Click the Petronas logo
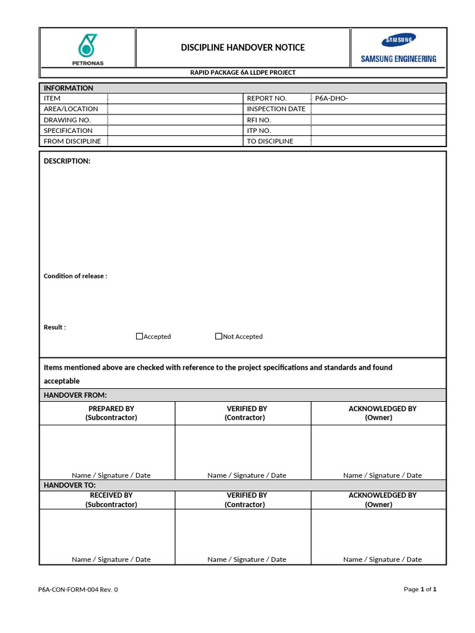point(87,48)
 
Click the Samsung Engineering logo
point(398,48)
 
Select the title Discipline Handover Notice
point(242,48)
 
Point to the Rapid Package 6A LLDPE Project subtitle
point(242,73)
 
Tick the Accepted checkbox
point(140,336)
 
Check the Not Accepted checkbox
point(219,336)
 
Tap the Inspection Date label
point(276,109)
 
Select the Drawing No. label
point(67,120)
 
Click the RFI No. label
point(259,120)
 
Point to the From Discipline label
point(72,142)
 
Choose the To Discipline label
point(270,142)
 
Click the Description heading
point(67,161)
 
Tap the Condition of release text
point(75,276)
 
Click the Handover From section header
point(75,395)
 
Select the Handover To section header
point(69,485)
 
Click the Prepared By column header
point(111,413)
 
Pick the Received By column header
point(111,499)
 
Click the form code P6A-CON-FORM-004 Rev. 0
point(78,590)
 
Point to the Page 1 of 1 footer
point(420,590)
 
